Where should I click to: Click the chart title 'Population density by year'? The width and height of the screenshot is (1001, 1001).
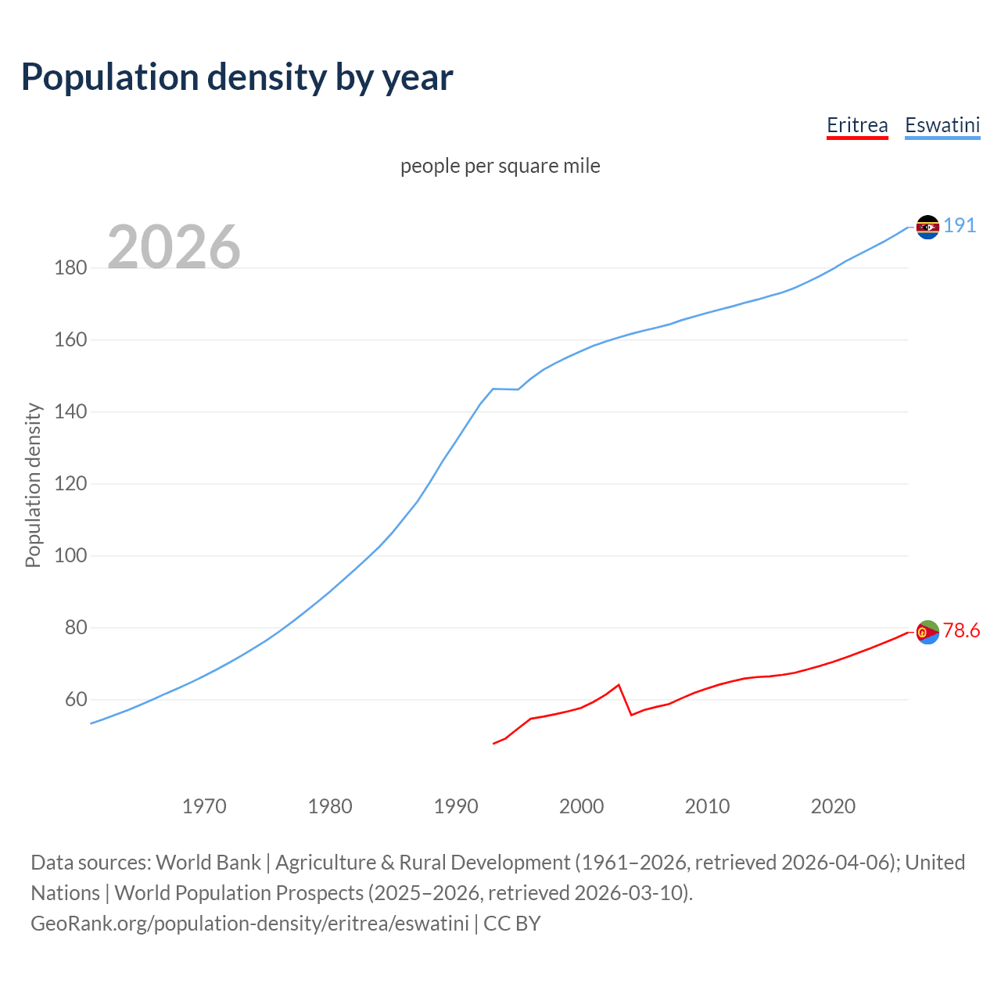[x=237, y=77]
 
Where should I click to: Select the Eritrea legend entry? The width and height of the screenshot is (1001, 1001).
[x=857, y=126]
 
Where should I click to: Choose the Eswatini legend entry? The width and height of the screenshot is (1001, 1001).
[x=942, y=126]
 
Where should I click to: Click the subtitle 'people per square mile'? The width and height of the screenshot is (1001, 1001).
[x=500, y=167]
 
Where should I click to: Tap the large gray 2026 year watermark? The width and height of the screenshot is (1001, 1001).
[x=174, y=247]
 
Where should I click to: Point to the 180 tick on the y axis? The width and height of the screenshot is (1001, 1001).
[x=70, y=268]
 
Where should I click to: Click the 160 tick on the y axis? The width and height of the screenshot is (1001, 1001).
[x=70, y=340]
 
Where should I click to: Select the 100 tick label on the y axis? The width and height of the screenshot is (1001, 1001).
[x=70, y=556]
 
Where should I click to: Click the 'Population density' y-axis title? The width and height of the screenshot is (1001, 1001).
[x=33, y=485]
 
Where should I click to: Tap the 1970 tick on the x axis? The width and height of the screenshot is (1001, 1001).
[x=204, y=806]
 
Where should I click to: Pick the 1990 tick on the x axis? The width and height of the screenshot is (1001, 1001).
[x=456, y=806]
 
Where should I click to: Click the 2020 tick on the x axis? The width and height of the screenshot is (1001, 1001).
[x=833, y=806]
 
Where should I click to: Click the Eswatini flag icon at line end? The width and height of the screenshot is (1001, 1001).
[x=927, y=227]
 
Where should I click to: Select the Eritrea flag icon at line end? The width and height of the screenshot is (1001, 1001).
[x=927, y=632]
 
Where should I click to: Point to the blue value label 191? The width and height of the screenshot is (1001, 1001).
[x=960, y=226]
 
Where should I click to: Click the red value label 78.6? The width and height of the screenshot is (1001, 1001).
[x=961, y=631]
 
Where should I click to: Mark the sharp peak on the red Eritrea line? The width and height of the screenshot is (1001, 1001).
[x=619, y=685]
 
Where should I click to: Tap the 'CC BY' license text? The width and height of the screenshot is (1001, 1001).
[x=511, y=924]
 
